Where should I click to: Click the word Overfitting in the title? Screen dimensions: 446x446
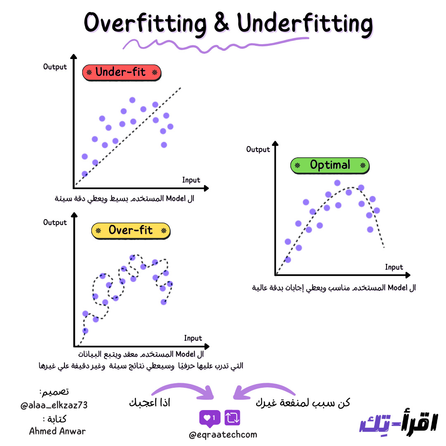tap(145, 23)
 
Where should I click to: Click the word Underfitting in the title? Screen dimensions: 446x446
tap(305, 23)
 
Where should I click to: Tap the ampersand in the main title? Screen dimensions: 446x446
tap(222, 23)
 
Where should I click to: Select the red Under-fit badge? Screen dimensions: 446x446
tap(121, 72)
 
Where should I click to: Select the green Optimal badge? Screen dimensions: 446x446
tap(330, 165)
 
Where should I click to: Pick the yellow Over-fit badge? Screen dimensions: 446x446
tap(130, 230)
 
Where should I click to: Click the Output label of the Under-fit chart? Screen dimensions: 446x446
tap(55, 67)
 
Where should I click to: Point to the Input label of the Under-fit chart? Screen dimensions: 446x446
tap(191, 180)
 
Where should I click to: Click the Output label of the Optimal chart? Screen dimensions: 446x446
tap(258, 149)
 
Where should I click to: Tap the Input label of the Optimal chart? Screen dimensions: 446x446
tap(394, 267)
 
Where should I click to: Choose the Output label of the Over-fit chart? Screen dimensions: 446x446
tap(55, 223)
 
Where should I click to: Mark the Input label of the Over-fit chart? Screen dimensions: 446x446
tap(193, 338)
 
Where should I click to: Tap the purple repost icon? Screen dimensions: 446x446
tap(232, 418)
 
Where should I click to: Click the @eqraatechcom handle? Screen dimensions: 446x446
tap(223, 435)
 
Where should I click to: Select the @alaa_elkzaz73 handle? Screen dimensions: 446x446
tap(54, 405)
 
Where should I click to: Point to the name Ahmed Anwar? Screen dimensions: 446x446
tap(57, 431)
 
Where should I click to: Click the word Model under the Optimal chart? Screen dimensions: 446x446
tap(397, 287)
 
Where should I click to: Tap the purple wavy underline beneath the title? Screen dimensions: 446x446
tap(215, 44)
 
